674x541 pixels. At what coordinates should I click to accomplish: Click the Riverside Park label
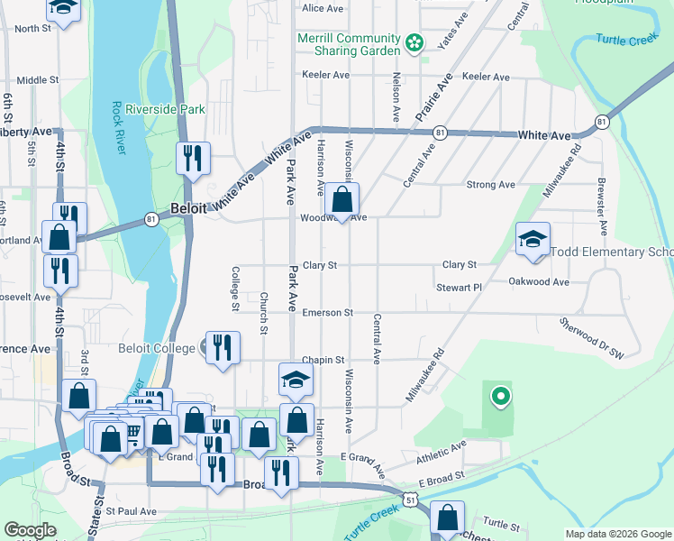coord(166,110)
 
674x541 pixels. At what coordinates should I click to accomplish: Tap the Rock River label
coord(119,126)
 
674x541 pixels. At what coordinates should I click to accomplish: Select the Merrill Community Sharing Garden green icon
coord(414,42)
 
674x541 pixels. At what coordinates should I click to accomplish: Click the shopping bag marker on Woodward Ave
coord(342,201)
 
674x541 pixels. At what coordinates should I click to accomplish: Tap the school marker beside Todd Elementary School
coord(533,240)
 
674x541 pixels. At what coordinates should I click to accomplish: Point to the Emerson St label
coord(327,313)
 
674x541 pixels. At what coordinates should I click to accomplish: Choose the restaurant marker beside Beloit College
coord(223,347)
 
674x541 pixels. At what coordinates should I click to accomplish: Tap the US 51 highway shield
coord(410,499)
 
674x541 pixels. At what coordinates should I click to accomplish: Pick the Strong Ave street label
coord(490,185)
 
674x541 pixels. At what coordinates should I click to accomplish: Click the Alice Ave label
coord(323,8)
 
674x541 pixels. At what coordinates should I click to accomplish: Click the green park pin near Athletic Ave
coord(498,395)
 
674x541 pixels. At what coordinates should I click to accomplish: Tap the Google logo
coord(30,530)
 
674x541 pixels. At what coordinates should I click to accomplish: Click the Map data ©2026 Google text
coord(617,533)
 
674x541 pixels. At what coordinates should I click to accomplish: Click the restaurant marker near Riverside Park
coord(193,159)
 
